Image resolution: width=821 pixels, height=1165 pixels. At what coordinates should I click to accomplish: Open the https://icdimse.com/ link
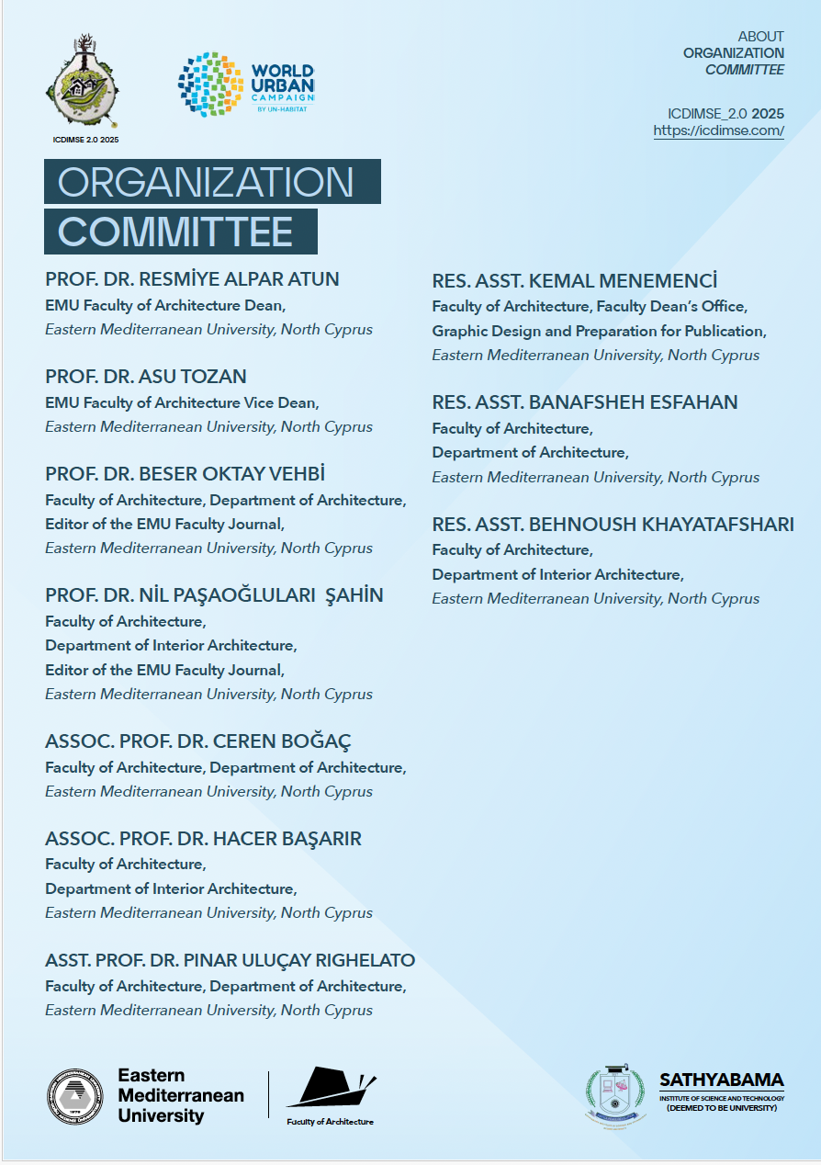pyautogui.click(x=718, y=130)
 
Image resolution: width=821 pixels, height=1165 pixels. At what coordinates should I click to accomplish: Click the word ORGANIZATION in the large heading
pyautogui.click(x=206, y=182)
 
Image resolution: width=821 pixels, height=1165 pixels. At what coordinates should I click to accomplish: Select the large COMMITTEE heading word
pyautogui.click(x=175, y=232)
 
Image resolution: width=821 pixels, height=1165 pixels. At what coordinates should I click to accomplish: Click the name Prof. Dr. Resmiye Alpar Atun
pyautogui.click(x=192, y=279)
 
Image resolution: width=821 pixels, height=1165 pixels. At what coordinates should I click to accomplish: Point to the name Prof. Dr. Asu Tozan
pyautogui.click(x=145, y=377)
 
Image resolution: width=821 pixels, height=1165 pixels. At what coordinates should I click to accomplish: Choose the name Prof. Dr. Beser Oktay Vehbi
pyautogui.click(x=185, y=474)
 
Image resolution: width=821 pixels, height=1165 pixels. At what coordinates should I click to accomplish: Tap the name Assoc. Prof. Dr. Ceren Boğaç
pyautogui.click(x=197, y=741)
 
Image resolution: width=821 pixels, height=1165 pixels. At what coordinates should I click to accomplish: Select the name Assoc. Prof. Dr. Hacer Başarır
pyautogui.click(x=203, y=839)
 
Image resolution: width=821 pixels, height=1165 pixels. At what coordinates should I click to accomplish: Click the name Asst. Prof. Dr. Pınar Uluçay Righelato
pyautogui.click(x=230, y=961)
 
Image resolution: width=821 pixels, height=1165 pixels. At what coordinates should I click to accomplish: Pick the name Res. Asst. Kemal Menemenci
pyautogui.click(x=574, y=281)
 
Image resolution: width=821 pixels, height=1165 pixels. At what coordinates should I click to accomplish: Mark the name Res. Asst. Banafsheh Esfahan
pyautogui.click(x=585, y=402)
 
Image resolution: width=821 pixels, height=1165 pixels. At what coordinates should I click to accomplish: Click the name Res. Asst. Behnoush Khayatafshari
pyautogui.click(x=613, y=525)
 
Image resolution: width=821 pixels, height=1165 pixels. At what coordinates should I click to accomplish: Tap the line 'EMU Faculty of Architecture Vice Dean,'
pyautogui.click(x=182, y=402)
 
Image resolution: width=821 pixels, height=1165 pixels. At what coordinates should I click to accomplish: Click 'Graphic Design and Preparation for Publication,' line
pyautogui.click(x=599, y=331)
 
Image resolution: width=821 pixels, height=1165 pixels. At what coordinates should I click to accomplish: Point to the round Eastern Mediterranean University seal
pyautogui.click(x=74, y=1097)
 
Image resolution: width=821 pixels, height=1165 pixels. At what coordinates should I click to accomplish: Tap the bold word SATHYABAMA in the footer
pyautogui.click(x=721, y=1080)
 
